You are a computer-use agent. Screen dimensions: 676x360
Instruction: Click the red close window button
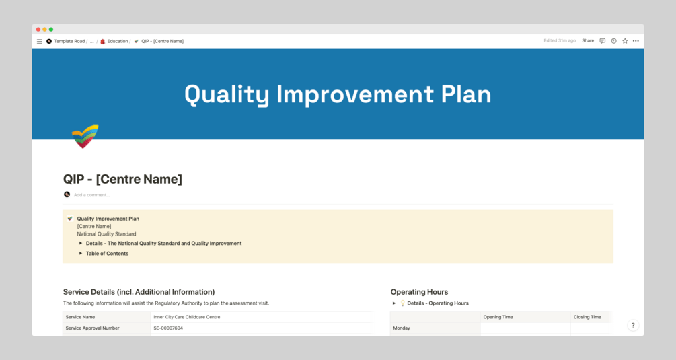(x=38, y=30)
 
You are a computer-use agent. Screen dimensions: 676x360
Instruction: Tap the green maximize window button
(x=51, y=30)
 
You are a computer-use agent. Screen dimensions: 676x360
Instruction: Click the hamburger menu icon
(x=39, y=42)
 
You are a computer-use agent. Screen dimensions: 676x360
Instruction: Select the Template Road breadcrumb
(x=69, y=42)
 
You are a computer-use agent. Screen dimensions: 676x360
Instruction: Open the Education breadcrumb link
(x=117, y=42)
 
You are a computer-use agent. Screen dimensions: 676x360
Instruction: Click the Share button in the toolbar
(x=588, y=41)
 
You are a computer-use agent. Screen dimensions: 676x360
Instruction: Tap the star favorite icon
(x=625, y=41)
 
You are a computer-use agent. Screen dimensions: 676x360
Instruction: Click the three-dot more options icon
(x=636, y=41)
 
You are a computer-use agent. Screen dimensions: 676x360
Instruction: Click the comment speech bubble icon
(x=602, y=41)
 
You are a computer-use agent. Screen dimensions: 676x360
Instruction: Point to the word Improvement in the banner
(x=354, y=94)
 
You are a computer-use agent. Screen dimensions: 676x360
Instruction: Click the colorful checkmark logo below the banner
(x=85, y=136)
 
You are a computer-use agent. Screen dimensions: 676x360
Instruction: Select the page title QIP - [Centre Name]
(x=123, y=179)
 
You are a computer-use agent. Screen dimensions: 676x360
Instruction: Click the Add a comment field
(x=91, y=195)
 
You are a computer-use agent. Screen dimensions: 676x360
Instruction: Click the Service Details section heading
(x=139, y=292)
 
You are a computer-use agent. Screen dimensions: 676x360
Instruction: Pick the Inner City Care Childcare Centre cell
(x=187, y=317)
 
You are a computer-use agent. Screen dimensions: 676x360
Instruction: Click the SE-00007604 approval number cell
(x=168, y=328)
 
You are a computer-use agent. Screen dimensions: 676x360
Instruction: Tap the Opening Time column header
(x=498, y=317)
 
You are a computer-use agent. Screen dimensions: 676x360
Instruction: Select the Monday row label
(x=402, y=328)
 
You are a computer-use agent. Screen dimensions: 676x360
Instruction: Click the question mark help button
(x=633, y=325)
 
